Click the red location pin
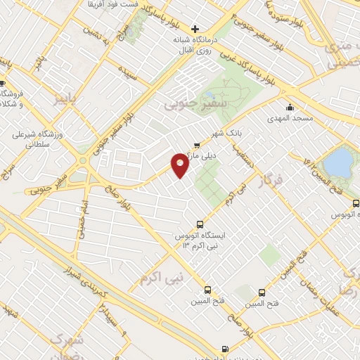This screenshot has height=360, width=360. [180, 165]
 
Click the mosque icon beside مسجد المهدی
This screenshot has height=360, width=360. [290, 107]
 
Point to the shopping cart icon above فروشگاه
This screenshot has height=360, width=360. [4, 84]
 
